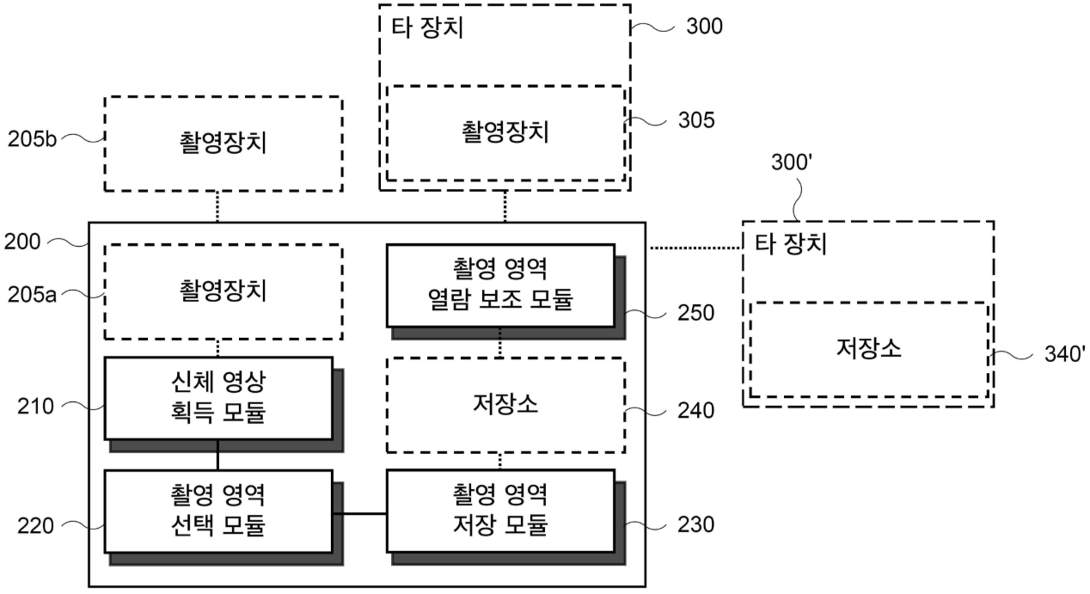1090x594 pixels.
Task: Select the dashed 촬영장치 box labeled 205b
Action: point(223,143)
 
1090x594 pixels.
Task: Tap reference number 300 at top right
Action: point(704,27)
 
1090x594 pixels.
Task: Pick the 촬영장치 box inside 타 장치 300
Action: point(505,132)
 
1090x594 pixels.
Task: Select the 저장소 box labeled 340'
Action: point(867,350)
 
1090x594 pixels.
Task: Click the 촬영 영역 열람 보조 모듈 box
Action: point(500,285)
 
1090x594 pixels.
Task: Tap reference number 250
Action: point(695,313)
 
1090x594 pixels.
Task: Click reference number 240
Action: point(695,411)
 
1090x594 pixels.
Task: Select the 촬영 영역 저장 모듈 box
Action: point(500,510)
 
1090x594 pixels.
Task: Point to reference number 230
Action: point(695,524)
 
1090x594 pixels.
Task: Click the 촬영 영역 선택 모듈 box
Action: point(217,510)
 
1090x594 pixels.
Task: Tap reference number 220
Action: point(34,524)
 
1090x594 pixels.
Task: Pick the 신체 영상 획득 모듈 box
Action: point(217,397)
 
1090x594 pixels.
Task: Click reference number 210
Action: point(34,405)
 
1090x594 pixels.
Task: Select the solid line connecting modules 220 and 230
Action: point(359,513)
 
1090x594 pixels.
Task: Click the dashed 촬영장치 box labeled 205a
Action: point(223,291)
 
